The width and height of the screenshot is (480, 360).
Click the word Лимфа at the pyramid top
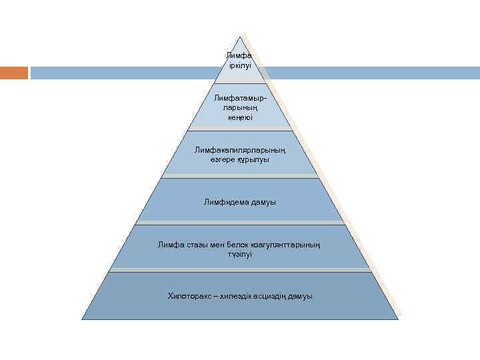pyautogui.click(x=239, y=55)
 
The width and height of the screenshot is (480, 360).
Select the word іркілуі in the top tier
pyautogui.click(x=239, y=66)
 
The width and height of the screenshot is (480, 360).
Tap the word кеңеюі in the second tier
pyautogui.click(x=239, y=117)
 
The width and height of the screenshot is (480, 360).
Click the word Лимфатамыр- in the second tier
pyautogui.click(x=239, y=98)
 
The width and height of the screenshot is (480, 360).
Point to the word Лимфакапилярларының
pyautogui.click(x=239, y=150)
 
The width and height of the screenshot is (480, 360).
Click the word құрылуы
pyautogui.click(x=255, y=160)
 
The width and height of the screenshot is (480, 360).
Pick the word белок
pyautogui.click(x=241, y=245)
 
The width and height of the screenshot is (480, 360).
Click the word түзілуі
pyautogui.click(x=239, y=255)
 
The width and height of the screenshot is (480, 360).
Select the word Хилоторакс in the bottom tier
pyautogui.click(x=189, y=295)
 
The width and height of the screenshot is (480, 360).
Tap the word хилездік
pyautogui.click(x=237, y=295)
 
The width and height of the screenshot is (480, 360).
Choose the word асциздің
pyautogui.click(x=272, y=295)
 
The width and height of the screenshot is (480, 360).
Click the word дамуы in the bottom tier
pyautogui.click(x=301, y=295)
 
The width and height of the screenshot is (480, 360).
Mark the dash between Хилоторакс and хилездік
pyautogui.click(x=215, y=295)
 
